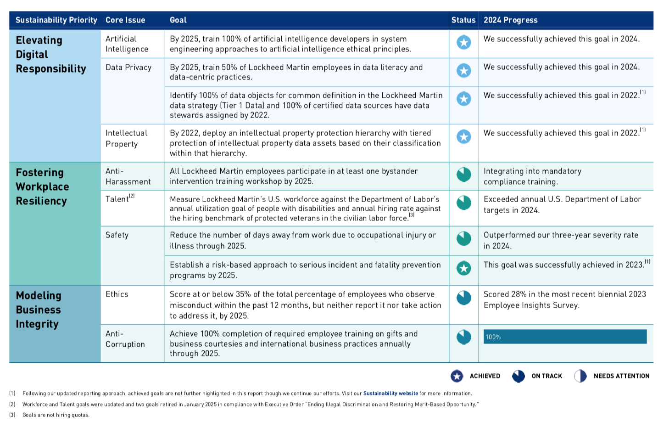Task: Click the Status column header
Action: tap(463, 20)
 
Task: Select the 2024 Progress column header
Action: tap(511, 20)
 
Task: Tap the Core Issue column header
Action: tap(125, 20)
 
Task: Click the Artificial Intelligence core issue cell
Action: tap(127, 44)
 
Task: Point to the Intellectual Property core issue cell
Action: tap(127, 138)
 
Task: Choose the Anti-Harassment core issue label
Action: tap(128, 176)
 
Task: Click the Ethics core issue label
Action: tap(117, 294)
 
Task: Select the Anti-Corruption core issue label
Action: tap(125, 339)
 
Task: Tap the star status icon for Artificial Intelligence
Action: tap(464, 42)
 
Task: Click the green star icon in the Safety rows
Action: tap(464, 268)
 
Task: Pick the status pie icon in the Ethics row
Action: tap(464, 298)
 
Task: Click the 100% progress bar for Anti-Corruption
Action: tap(565, 337)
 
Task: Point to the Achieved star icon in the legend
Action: tap(457, 376)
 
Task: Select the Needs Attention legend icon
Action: tap(580, 376)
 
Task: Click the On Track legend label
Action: tap(546, 376)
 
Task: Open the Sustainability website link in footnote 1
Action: tap(390, 393)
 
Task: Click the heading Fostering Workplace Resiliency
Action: tap(43, 186)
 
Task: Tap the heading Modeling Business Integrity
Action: tap(39, 310)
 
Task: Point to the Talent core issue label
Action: tap(120, 199)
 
